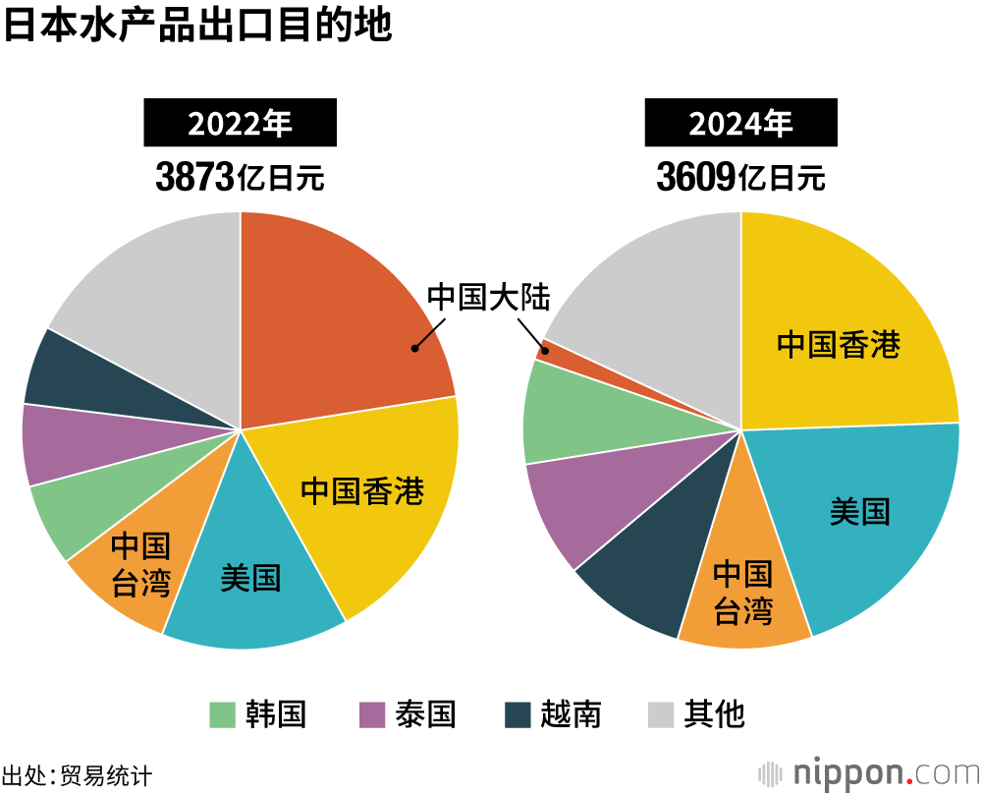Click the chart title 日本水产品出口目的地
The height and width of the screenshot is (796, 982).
pos(197,27)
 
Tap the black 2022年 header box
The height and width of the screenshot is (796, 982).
pos(241,124)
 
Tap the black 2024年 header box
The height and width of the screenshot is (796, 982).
pos(740,124)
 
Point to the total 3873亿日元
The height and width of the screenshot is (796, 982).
pos(241,178)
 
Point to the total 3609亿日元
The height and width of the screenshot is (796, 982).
pos(740,178)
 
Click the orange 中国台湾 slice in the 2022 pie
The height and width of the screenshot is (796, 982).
pos(137,570)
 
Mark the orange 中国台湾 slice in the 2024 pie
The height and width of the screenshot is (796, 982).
pos(742,595)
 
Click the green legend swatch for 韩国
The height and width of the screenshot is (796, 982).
pos(223,714)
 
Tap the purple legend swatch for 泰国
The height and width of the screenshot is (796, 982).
pos(373,714)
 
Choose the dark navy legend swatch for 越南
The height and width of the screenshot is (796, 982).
pos(518,714)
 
